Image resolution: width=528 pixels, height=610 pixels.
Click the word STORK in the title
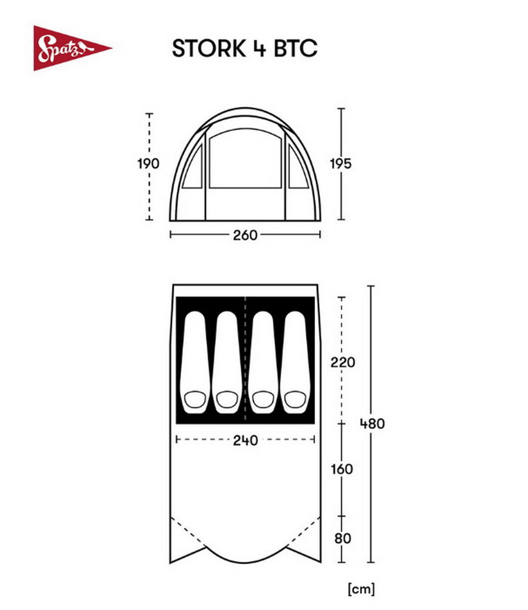(208, 49)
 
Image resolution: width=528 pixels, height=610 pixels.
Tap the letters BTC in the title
(295, 49)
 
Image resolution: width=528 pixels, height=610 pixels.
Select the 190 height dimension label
(148, 164)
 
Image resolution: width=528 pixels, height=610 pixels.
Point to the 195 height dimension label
(340, 164)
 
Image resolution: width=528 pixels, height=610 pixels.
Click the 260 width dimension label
(245, 235)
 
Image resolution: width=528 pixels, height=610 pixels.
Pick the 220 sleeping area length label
(343, 362)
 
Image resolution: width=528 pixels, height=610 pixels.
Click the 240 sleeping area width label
(245, 440)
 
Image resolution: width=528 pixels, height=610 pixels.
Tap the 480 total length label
(373, 423)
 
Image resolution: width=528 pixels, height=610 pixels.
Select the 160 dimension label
(342, 469)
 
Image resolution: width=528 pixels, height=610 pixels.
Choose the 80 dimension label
(343, 538)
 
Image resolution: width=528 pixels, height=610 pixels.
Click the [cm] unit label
(361, 588)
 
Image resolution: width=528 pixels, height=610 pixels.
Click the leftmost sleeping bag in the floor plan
(195, 362)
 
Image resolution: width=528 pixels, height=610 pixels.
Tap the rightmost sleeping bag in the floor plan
(295, 362)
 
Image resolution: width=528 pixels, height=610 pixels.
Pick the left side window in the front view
(192, 169)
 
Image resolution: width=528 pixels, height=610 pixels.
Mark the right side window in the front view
(297, 169)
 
